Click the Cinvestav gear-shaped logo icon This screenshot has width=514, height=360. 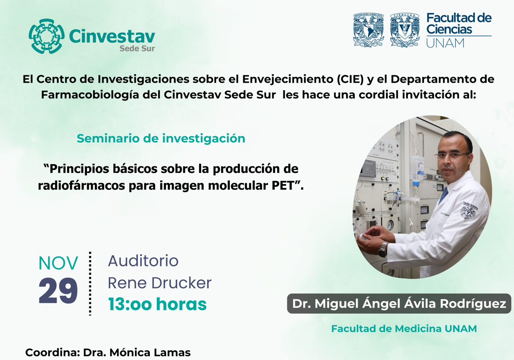point(46,36)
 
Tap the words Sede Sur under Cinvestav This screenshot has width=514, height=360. point(137,48)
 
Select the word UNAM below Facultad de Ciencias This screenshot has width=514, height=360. point(446,43)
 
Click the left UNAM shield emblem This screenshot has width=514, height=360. point(369,30)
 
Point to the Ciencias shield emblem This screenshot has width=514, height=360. point(405,30)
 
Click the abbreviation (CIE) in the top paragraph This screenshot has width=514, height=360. point(350,79)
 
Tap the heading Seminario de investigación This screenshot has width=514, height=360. point(161,138)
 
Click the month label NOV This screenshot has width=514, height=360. point(58,263)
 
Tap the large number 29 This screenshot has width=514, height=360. point(58,291)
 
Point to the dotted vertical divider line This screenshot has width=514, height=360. point(90,284)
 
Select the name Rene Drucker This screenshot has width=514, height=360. point(160,283)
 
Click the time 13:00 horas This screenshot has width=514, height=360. point(158,304)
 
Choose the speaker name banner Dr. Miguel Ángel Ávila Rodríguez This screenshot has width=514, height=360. point(399,303)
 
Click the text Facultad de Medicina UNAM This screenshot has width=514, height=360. point(404,329)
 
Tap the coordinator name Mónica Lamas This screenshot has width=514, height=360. point(150,353)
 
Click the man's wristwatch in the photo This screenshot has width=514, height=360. point(383,249)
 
